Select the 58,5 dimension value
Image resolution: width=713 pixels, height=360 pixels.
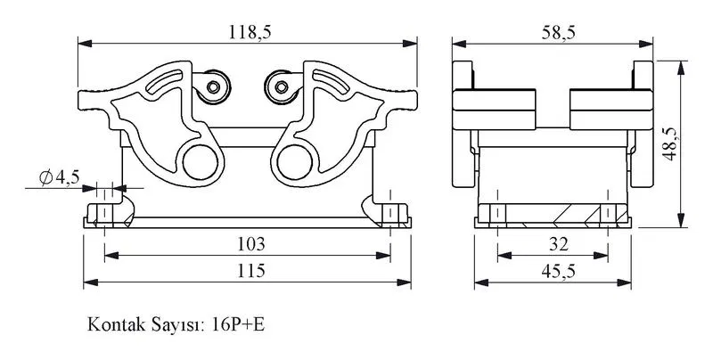(x=559, y=32)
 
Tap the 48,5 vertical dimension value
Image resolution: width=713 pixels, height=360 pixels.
(x=669, y=143)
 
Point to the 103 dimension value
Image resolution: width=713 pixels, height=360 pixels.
(x=251, y=244)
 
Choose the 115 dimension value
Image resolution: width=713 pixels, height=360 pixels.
(x=251, y=271)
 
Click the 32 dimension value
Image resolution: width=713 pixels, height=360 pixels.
(x=559, y=244)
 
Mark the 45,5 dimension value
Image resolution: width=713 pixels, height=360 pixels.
(x=559, y=272)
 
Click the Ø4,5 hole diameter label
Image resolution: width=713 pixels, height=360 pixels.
(x=60, y=176)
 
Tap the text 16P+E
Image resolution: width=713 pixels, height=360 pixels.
(x=238, y=324)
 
